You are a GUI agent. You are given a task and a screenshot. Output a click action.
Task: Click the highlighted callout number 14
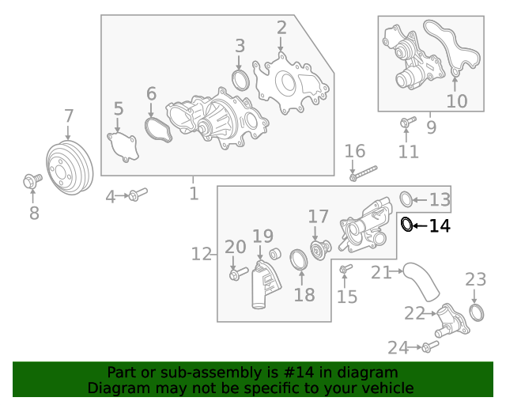pos(440,226)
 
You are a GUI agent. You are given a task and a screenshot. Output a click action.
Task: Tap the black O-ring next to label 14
pos(406,225)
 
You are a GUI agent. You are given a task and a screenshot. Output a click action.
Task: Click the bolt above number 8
pos(32,182)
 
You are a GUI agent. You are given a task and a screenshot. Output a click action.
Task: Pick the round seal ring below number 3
pos(240,80)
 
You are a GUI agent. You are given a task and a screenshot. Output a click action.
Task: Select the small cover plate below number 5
pos(123,147)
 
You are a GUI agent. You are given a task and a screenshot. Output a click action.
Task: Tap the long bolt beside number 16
pos(364,172)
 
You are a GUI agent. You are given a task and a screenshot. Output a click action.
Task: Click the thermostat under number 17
pos(319,248)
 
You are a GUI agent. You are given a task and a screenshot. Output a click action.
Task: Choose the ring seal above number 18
pos(300,260)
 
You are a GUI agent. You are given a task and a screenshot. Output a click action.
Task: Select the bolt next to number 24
pos(428,346)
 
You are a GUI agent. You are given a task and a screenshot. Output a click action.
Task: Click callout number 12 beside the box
pos(201,254)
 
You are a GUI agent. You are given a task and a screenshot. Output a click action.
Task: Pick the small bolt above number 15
pos(345,271)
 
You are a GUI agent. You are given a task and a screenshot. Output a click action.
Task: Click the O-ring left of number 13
pos(406,199)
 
